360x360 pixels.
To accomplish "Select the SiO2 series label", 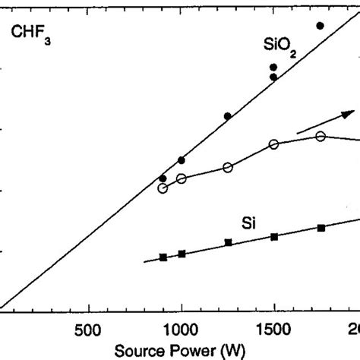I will pos(272,48).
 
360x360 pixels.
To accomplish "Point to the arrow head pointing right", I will pos(347,113).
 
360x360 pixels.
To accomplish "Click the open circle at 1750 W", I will pos(321,136).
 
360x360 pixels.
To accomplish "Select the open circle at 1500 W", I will pos(274,144).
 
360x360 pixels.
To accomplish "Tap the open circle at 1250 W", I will pos(228,168).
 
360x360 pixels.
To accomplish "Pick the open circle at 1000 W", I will pos(182,178).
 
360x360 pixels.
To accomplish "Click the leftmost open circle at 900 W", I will pos(163,188).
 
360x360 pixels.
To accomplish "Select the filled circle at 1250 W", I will pos(228,116).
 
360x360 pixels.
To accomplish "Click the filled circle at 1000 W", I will pos(182,159).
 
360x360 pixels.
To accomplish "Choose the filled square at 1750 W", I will pos(321,228).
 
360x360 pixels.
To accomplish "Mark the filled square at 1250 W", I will pos(228,242).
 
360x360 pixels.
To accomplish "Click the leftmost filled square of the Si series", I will pos(163,257).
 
